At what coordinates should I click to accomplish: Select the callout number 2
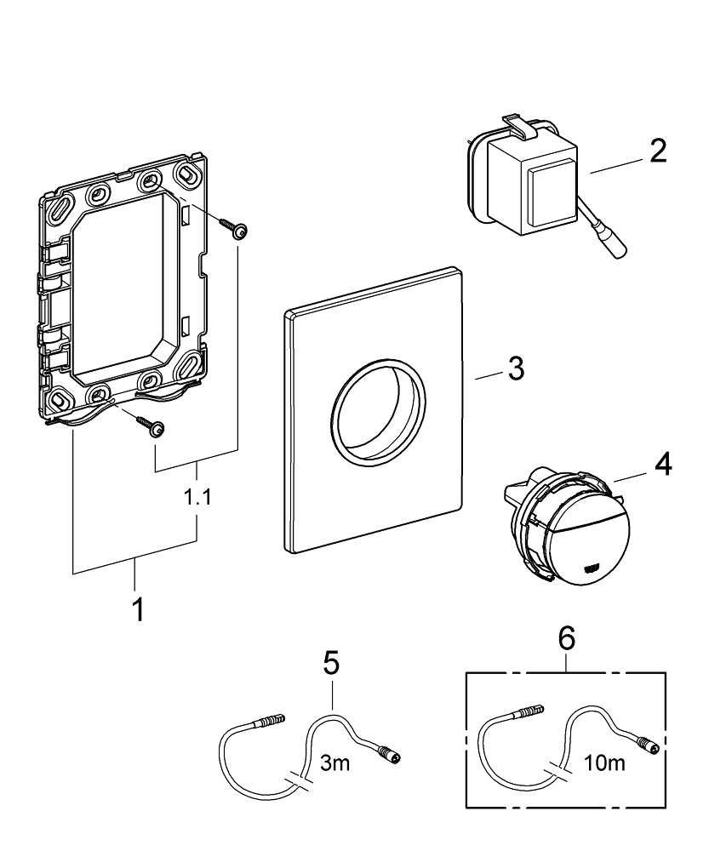coord(656,151)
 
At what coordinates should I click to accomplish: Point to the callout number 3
coord(516,369)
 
